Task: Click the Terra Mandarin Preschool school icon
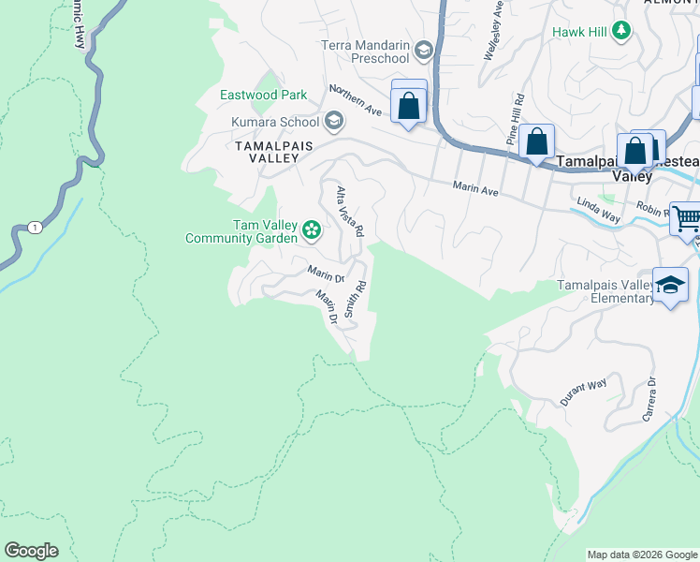coord(424,50)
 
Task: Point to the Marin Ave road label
coord(476,188)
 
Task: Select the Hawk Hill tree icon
coord(620,32)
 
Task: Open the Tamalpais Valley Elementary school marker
coord(671,286)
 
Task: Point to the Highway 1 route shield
coord(35,228)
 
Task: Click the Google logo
coord(31,551)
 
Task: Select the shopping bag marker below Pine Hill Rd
coord(536,143)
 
